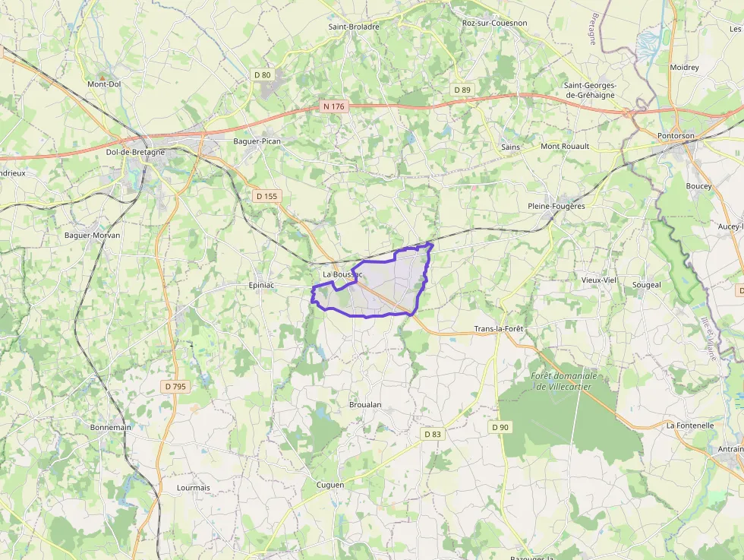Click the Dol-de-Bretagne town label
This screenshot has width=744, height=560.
pos(135,152)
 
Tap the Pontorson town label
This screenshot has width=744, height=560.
pos(676,136)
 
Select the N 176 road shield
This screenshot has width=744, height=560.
pos(333,106)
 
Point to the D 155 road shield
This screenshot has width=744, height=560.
pos(267,196)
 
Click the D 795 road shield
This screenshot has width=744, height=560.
pos(175,387)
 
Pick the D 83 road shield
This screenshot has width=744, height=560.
pos(432,434)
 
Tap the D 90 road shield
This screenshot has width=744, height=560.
pos(500,427)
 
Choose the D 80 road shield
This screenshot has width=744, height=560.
pos(262,74)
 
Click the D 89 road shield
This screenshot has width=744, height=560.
pos(462,90)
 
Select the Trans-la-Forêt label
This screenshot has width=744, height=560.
pos(499,329)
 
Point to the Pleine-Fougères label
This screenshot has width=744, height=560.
pos(556,206)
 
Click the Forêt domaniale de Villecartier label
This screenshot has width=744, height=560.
pos(564,381)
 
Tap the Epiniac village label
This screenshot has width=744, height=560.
pos(260,285)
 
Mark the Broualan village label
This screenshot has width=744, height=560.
pos(365,405)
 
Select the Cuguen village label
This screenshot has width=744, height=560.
pos(329,485)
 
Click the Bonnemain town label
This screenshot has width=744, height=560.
pos(111,427)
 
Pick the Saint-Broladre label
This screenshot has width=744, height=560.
pos(354,26)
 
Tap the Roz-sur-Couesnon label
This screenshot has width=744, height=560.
pos(494,23)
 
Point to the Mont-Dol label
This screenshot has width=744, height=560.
pos(104,84)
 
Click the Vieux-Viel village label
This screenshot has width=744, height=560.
pos(599,280)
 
